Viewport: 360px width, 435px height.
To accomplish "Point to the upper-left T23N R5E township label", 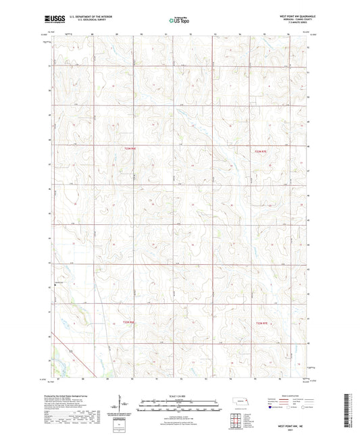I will [130, 147].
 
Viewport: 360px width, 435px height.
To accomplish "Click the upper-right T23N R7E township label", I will [261, 153].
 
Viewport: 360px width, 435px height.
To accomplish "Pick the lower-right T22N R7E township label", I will [265, 325].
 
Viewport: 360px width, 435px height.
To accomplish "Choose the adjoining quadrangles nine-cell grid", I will [246, 414].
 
